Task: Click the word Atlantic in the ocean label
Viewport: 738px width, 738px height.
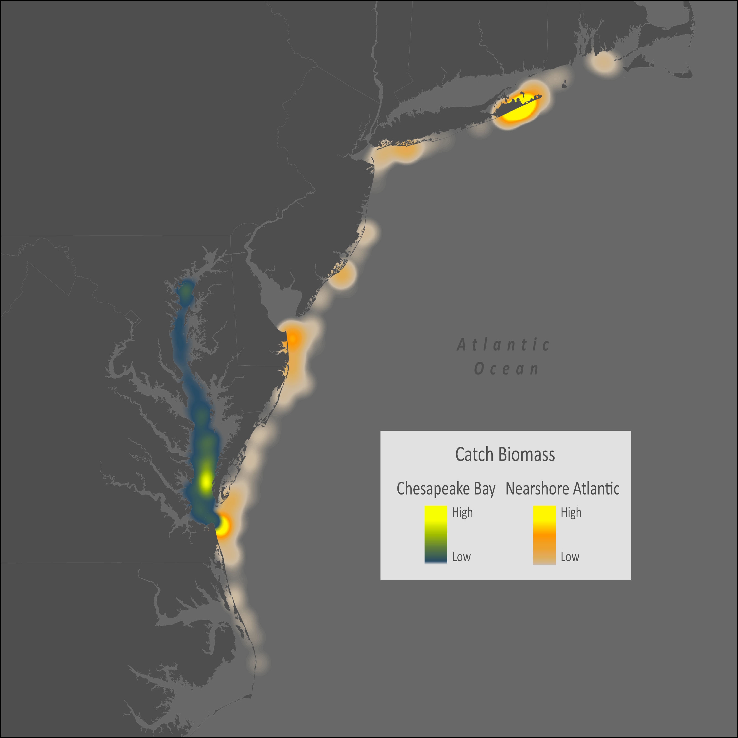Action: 503,345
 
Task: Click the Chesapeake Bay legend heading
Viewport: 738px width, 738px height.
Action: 446,489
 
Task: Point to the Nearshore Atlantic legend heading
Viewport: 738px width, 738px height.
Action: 562,489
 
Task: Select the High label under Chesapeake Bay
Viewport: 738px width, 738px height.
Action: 462,512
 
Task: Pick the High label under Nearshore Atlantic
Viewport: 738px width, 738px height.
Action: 571,512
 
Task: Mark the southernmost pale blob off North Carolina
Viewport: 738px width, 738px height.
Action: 260,662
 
